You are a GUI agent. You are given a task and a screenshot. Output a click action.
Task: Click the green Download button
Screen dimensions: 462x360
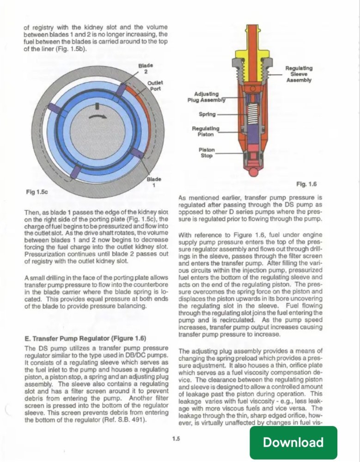click(293, 442)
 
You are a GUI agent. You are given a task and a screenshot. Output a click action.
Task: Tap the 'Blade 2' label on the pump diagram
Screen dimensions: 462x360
click(146, 68)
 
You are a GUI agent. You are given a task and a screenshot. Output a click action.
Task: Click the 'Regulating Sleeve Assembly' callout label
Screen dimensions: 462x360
click(299, 73)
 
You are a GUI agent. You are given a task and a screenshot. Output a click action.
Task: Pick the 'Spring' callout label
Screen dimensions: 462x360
click(207, 114)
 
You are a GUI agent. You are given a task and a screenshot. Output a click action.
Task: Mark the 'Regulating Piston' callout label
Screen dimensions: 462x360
click(205, 131)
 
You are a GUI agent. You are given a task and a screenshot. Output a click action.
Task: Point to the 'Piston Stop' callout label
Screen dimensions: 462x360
click(206, 153)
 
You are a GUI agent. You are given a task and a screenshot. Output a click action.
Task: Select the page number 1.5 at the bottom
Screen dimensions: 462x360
click(175, 438)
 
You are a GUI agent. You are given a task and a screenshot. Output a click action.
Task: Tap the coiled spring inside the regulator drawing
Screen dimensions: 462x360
click(251, 114)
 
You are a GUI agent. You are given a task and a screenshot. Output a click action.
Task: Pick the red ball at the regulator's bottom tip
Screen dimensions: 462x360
click(252, 173)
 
